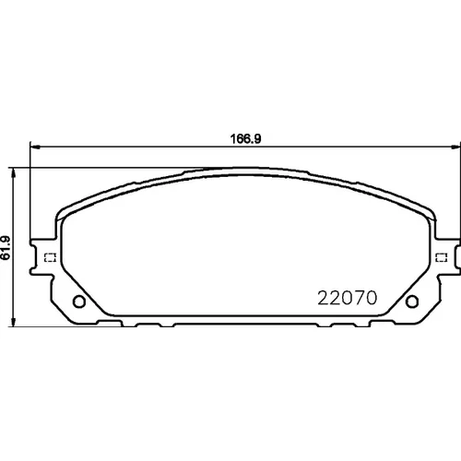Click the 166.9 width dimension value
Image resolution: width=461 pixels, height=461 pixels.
click(245, 139)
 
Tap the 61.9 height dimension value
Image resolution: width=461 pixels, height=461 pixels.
click(6, 248)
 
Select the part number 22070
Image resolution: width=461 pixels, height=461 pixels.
click(347, 298)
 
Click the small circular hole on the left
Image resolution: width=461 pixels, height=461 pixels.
click(79, 301)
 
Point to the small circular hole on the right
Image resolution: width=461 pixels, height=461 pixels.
click(412, 301)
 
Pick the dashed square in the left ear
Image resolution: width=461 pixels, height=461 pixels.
click(50, 257)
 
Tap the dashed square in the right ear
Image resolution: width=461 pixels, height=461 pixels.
click(442, 257)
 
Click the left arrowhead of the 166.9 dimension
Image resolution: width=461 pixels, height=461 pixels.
click(35, 148)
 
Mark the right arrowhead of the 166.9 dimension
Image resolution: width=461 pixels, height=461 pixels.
click(455, 148)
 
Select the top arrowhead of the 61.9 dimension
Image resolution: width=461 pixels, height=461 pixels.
click(13, 173)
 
